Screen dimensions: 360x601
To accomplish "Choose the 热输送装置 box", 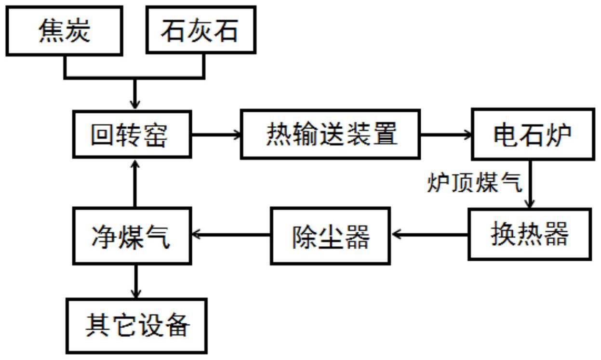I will pyautogui.click(x=330, y=134).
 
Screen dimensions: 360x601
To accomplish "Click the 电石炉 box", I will pyautogui.click(x=532, y=135).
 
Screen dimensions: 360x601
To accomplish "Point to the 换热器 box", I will pyautogui.click(x=529, y=234).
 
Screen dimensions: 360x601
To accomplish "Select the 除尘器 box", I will pyautogui.click(x=331, y=235).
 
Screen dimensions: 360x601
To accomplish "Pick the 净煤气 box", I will pyautogui.click(x=132, y=235).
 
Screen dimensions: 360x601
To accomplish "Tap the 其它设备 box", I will pyautogui.click(x=137, y=325).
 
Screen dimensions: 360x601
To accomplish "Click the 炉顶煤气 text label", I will pyautogui.click(x=474, y=183).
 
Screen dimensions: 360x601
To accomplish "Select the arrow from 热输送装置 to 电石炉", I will pyautogui.click(x=446, y=135).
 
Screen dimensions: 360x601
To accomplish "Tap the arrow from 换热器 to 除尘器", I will pyautogui.click(x=429, y=235).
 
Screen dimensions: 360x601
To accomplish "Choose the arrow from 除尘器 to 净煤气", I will pyautogui.click(x=231, y=235).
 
